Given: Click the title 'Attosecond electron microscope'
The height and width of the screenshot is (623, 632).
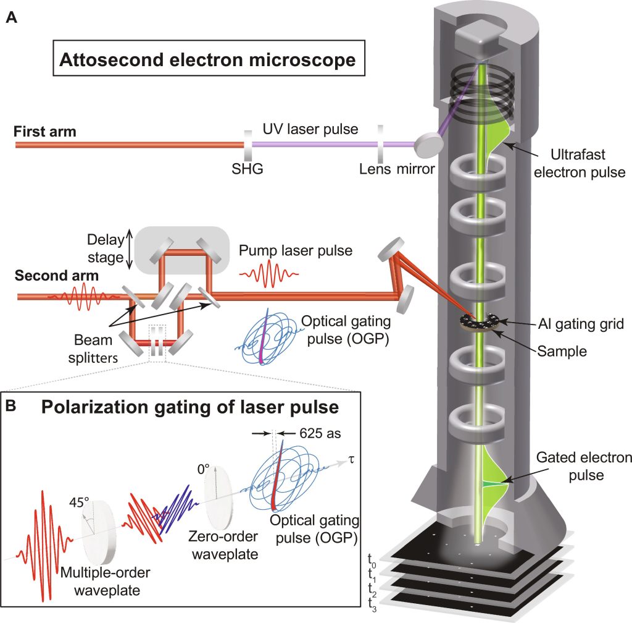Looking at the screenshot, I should [x=207, y=60].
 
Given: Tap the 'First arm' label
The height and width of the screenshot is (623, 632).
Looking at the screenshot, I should [x=44, y=132].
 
